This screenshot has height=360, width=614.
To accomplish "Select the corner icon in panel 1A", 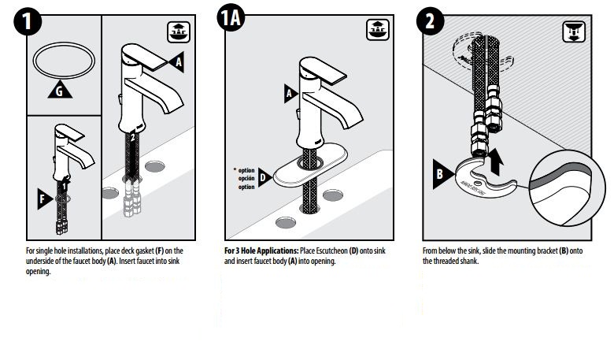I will click(377, 31).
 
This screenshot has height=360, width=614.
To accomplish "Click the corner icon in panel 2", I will click(574, 32).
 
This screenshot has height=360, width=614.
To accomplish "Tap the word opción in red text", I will click(247, 178).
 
